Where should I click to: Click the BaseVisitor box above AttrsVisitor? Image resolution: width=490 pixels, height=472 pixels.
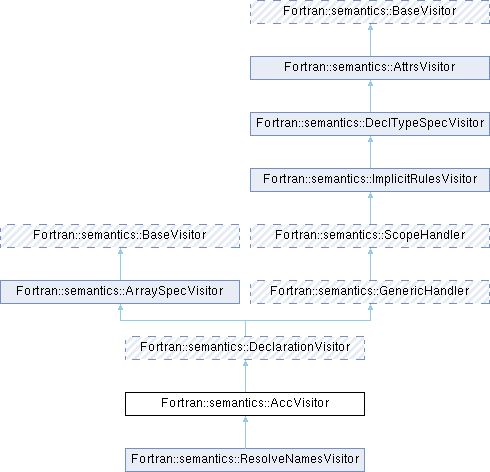point(370,12)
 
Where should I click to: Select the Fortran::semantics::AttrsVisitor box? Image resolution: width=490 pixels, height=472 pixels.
point(370,68)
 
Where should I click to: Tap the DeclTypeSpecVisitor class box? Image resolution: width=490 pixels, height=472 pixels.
point(370,124)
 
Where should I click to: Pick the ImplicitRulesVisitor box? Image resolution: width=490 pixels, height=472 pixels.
point(370,180)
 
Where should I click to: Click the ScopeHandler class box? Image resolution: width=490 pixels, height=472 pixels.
point(370,236)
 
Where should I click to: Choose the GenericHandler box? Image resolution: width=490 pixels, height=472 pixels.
point(370,292)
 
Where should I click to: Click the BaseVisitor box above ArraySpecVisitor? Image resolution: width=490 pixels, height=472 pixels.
point(120,236)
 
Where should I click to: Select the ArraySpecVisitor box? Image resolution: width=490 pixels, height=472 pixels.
point(120,292)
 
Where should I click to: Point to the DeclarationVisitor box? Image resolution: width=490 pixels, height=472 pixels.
point(245,348)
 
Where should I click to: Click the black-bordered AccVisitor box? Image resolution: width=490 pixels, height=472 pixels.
point(245,404)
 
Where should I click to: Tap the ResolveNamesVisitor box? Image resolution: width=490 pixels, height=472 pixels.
point(245,460)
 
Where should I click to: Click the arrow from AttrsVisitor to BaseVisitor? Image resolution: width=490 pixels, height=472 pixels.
point(370,40)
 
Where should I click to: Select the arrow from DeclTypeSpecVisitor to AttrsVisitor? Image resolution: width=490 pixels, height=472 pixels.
point(370,96)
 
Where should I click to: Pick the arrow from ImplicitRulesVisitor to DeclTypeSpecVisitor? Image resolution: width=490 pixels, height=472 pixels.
point(370,152)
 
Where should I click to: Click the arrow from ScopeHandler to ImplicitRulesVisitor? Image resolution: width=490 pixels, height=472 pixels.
point(370,208)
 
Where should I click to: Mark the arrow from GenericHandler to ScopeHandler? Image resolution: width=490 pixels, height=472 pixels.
point(370,264)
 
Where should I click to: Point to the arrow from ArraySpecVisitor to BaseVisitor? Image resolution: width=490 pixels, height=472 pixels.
point(120,264)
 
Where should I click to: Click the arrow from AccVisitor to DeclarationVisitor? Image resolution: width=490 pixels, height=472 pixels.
point(245,376)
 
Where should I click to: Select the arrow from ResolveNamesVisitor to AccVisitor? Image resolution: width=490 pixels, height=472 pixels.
point(245,432)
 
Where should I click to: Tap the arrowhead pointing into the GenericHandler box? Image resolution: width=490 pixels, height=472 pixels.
point(370,307)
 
